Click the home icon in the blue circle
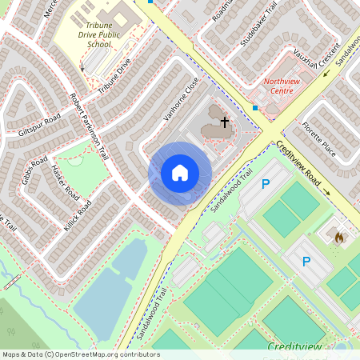tap(180, 173)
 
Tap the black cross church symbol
tap(225, 122)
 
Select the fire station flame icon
tap(338, 238)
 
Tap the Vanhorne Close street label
tap(181, 100)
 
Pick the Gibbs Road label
tap(34, 168)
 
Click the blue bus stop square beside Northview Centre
tap(255, 107)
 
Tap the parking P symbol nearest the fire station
tap(306, 262)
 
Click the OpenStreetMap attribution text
tap(80, 354)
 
